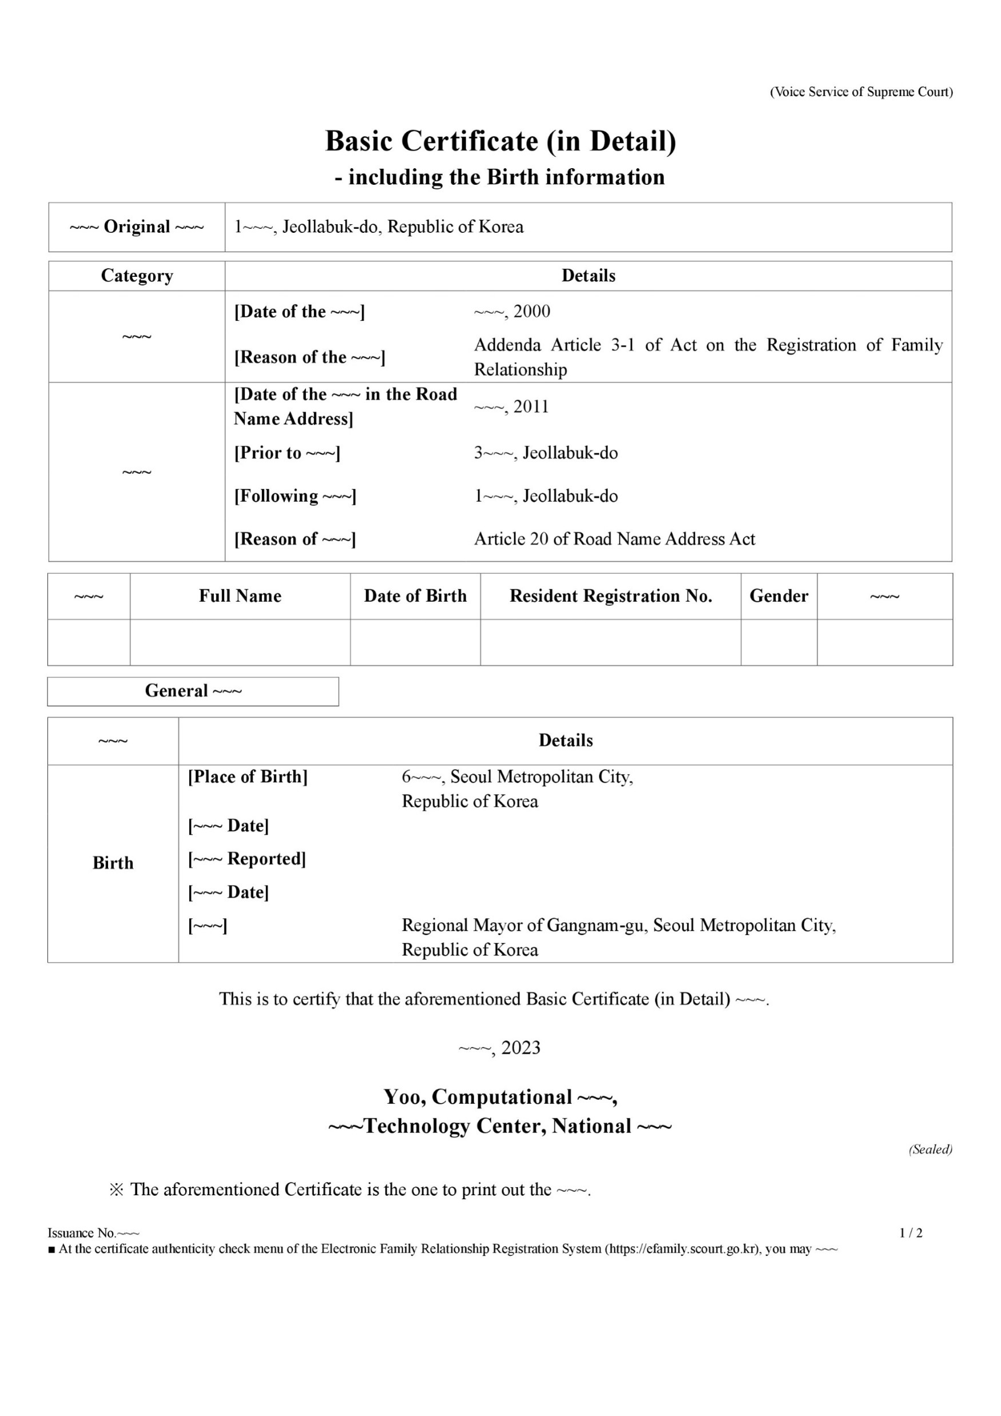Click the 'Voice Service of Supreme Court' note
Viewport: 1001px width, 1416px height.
point(861,92)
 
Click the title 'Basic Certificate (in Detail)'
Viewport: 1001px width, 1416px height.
point(500,141)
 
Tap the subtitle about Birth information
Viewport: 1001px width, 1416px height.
point(500,177)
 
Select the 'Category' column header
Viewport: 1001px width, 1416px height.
point(137,276)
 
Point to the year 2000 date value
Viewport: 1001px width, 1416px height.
point(512,311)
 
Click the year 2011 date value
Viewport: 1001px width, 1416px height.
point(511,406)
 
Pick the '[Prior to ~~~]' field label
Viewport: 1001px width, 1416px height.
point(287,453)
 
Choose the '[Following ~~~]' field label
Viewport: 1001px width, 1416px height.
point(295,496)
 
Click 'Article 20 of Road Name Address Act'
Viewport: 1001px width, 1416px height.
point(614,539)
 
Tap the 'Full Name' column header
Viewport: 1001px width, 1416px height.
point(240,596)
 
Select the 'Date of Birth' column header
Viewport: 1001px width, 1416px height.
point(415,596)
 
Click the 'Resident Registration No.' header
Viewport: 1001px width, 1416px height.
point(610,596)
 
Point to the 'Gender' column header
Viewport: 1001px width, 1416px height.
point(779,596)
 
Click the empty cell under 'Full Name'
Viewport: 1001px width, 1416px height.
point(240,642)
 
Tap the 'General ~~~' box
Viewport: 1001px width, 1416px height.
point(193,691)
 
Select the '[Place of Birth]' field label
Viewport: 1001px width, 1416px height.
point(248,776)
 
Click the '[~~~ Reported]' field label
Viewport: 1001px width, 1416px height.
point(247,859)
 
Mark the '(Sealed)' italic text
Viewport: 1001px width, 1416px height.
point(930,1149)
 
